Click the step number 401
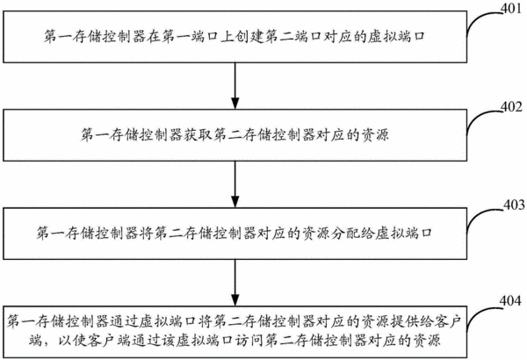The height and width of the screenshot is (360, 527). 511,8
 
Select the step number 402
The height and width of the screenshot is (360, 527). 511,107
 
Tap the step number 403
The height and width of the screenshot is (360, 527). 514,205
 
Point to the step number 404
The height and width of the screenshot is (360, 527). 510,301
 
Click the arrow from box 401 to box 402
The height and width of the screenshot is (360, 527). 235,86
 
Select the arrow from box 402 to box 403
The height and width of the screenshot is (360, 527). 235,184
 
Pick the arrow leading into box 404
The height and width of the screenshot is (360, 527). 235,283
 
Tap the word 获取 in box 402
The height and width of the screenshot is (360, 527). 198,134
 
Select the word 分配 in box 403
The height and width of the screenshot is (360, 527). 346,233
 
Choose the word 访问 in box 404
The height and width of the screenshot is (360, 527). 250,341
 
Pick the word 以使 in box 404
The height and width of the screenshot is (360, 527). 73,341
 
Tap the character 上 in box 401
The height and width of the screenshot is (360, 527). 227,36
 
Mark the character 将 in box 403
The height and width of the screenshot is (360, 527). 147,233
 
